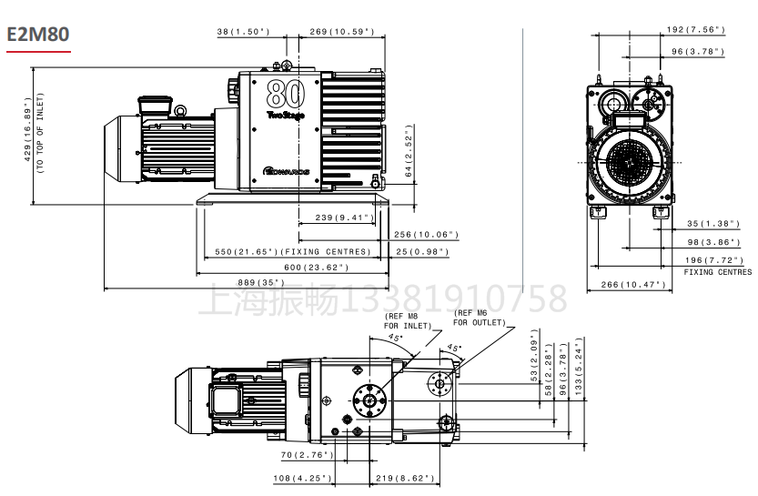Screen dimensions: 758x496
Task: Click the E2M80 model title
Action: coord(38,35)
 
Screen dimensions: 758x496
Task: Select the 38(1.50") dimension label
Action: coord(243,32)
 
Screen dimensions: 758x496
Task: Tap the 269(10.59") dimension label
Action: coord(342,32)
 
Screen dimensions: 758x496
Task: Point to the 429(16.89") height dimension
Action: coord(27,129)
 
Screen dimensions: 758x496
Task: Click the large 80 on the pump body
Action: coord(286,94)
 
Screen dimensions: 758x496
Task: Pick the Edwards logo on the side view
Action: coord(287,171)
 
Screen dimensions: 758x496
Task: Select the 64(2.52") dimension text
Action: coord(409,151)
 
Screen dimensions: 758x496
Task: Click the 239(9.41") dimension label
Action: coord(345,218)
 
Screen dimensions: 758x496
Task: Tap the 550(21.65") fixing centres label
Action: coord(293,252)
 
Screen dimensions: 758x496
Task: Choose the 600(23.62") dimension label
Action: coord(316,268)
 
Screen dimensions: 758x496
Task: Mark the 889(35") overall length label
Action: coord(261,282)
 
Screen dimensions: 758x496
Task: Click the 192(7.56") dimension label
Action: coord(696,30)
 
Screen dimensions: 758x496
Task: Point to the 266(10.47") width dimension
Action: coord(633,285)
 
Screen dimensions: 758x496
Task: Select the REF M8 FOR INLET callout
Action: coord(408,321)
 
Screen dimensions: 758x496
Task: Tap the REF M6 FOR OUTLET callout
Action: coord(480,318)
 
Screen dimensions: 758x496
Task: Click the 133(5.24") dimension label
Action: coord(579,367)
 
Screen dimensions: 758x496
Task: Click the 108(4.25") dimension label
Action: coord(303,479)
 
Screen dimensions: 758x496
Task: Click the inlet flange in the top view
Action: coord(369,400)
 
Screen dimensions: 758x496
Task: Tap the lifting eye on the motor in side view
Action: coord(180,111)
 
